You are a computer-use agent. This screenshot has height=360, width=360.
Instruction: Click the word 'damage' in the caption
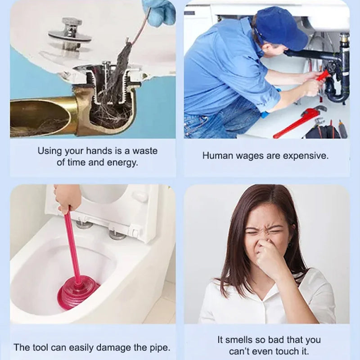pyautogui.click(x=120, y=347)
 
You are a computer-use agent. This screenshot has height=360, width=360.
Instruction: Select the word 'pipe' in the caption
pyautogui.click(x=160, y=347)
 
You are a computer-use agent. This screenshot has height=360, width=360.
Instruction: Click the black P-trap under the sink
pyautogui.click(x=335, y=90)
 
